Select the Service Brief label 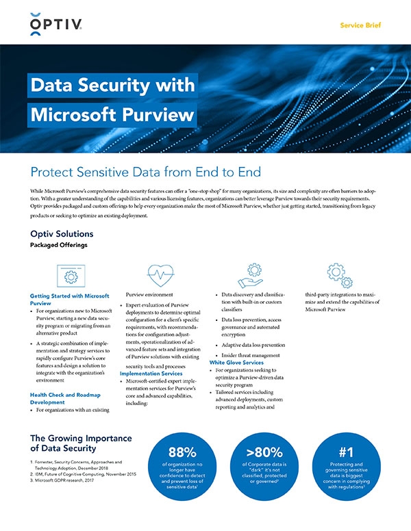(x=360, y=25)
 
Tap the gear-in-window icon (x=69, y=275)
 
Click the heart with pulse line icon (x=158, y=275)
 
